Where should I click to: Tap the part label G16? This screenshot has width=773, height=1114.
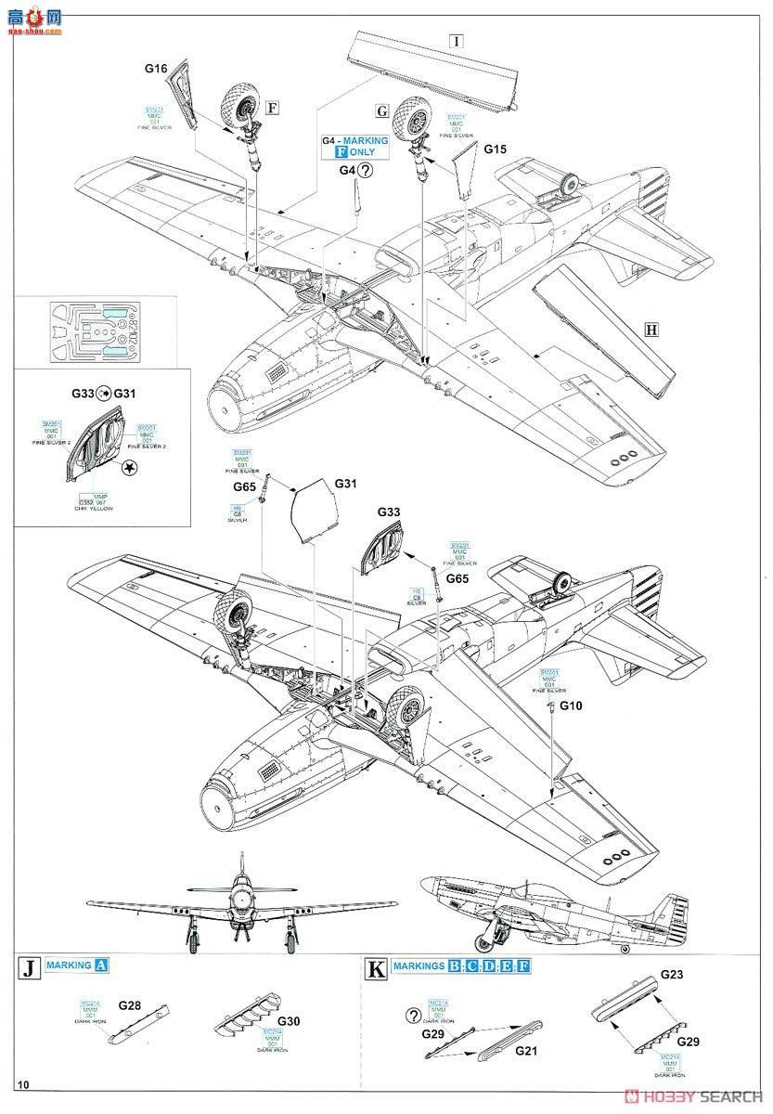[155, 69]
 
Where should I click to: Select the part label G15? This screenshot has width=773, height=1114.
[495, 149]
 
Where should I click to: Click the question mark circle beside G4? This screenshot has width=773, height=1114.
[367, 170]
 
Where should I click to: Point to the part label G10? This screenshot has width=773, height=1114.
[573, 706]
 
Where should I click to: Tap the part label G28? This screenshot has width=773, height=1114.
[131, 1005]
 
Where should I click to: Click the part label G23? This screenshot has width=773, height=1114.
[672, 975]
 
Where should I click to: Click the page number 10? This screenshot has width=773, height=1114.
[23, 1084]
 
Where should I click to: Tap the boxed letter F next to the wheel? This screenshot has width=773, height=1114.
[272, 106]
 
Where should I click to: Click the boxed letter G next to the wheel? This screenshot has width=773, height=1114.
[381, 110]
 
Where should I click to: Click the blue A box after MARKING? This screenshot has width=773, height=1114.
[102, 965]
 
